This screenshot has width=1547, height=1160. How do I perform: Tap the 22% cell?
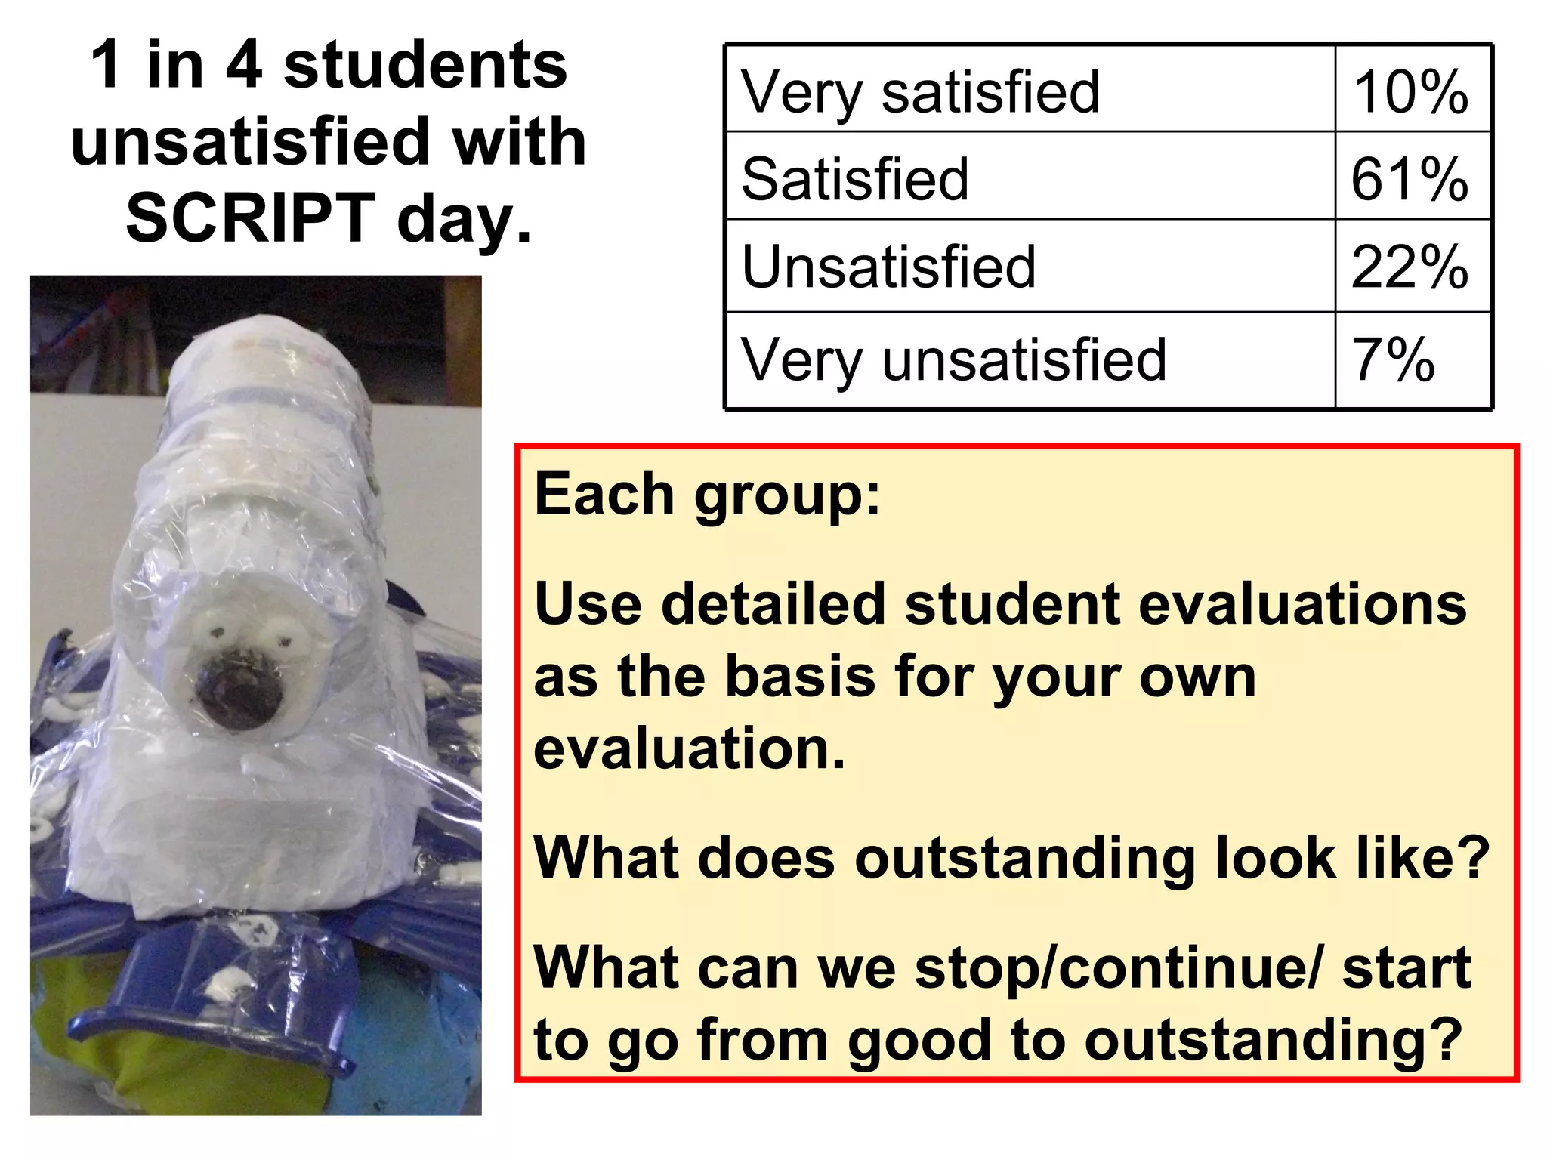tap(1410, 267)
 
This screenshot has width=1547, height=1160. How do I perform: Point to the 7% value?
tap(1393, 359)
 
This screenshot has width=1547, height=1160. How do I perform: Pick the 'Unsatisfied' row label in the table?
tap(888, 267)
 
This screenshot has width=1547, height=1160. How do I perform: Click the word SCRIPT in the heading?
tap(251, 217)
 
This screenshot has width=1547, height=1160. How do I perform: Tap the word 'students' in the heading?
tap(425, 65)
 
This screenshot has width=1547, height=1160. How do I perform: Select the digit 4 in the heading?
tap(244, 65)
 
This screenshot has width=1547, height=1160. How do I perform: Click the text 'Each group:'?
tap(707, 495)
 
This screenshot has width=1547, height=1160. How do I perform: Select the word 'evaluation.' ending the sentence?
tap(689, 748)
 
